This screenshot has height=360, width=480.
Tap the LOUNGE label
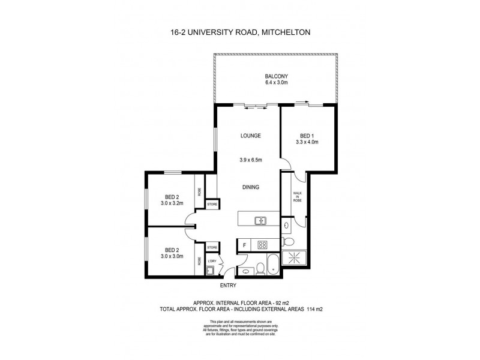pos(251,136)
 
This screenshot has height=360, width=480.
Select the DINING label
pos(251,187)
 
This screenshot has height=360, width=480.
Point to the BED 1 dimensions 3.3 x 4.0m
pos(306,142)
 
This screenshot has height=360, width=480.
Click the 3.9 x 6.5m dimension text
pos(251,160)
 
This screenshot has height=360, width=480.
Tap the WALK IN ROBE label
pos(296,197)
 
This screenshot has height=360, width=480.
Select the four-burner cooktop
pos(262,244)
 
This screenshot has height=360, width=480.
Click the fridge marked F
pos(244,244)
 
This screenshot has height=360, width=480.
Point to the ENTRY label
pos(229,286)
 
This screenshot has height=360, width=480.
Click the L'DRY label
pos(211,260)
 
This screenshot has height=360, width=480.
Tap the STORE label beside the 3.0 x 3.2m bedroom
pos(211,205)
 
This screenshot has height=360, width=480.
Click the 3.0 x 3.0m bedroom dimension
pos(172,256)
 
